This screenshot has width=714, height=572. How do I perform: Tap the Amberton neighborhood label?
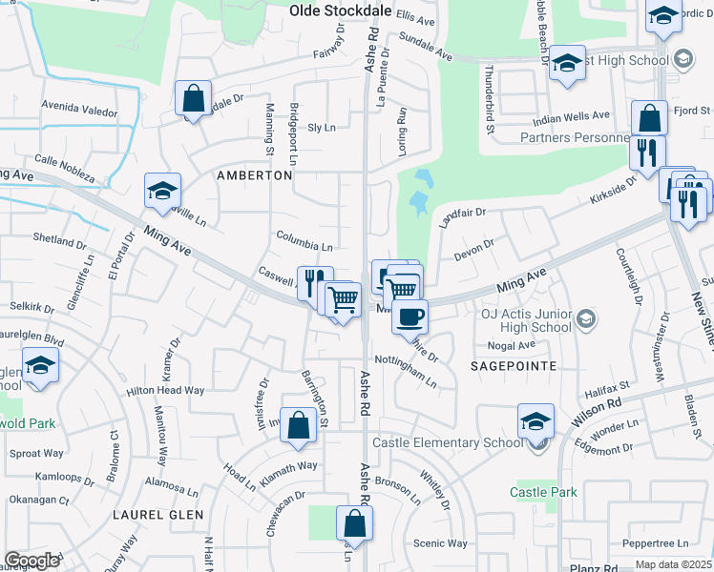[x=254, y=176]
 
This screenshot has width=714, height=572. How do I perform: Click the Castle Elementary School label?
[x=447, y=442]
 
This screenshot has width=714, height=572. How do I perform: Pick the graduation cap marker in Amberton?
[x=162, y=191]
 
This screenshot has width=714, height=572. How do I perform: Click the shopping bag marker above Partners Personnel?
[x=649, y=118]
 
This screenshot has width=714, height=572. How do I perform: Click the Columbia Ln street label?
[x=304, y=239]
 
